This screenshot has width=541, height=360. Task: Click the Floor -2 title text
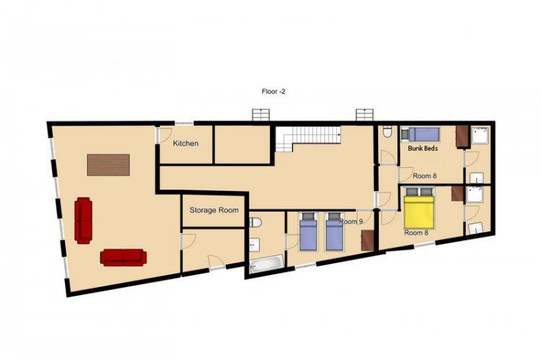pyautogui.click(x=273, y=92)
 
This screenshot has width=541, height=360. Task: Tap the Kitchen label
pyautogui.click(x=185, y=144)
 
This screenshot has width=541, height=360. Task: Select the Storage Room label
pyautogui.click(x=214, y=210)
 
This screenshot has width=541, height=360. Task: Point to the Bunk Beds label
pyautogui.click(x=423, y=148)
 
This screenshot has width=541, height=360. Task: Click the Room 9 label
pyautogui.click(x=351, y=221)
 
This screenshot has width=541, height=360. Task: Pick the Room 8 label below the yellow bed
pyautogui.click(x=416, y=232)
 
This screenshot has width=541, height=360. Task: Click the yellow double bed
pyautogui.click(x=419, y=208)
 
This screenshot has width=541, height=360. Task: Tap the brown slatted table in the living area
pyautogui.click(x=108, y=165)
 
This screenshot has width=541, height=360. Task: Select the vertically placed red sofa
pyautogui.click(x=84, y=221)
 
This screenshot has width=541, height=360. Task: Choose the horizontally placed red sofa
pyautogui.click(x=123, y=258)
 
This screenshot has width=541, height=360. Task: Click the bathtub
pyautogui.click(x=267, y=263)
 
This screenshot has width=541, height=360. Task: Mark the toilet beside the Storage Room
pyautogui.click(x=255, y=222)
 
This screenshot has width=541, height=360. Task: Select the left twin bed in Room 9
pyautogui.click(x=308, y=232)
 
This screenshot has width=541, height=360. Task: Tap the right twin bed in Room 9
pyautogui.click(x=334, y=232)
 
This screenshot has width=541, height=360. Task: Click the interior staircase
pyautogui.click(x=308, y=139)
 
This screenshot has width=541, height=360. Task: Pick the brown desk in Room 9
pyautogui.click(x=367, y=240)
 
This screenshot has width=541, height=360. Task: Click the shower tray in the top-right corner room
pyautogui.click(x=480, y=136)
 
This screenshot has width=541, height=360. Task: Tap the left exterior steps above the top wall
pyautogui.click(x=261, y=115)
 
